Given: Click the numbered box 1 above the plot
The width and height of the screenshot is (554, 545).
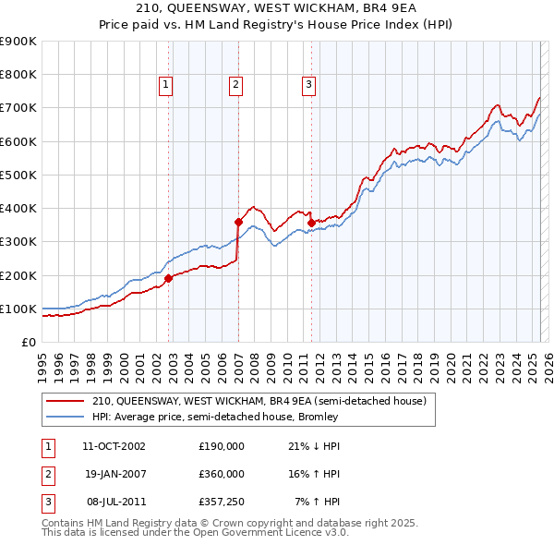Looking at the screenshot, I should [x=165, y=85].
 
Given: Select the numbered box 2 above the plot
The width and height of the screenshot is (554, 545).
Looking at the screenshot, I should [x=236, y=85].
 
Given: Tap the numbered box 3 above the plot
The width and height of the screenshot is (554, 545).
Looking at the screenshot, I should [x=308, y=85].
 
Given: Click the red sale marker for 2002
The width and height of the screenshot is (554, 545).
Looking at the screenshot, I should [x=169, y=277].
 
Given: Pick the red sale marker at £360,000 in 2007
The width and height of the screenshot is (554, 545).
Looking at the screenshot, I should [x=238, y=222].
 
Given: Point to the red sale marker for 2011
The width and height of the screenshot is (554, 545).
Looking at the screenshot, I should [x=311, y=223].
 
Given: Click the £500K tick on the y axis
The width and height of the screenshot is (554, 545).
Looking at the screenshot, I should [x=18, y=175].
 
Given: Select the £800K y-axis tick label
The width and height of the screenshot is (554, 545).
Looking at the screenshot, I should [x=18, y=75].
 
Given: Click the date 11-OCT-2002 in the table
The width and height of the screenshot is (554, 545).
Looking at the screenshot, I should [x=114, y=446].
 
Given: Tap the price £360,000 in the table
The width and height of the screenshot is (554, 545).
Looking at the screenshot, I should [x=222, y=474].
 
